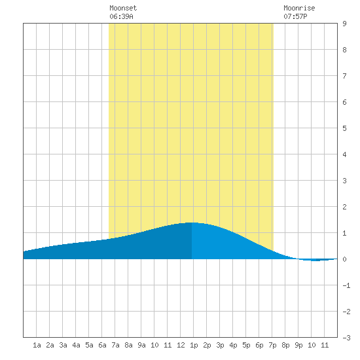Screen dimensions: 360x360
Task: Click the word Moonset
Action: click(x=123, y=8)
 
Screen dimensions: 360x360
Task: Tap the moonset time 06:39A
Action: click(x=121, y=16)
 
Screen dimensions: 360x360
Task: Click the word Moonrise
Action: click(x=299, y=8)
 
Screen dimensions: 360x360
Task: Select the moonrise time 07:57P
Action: click(x=295, y=16)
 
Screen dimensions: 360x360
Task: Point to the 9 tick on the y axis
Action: click(x=344, y=24)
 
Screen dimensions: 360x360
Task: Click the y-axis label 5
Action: click(x=344, y=128)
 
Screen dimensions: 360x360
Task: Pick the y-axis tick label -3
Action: click(x=346, y=338)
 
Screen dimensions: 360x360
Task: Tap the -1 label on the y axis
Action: click(x=346, y=285)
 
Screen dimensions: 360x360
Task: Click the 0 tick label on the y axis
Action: click(x=344, y=259)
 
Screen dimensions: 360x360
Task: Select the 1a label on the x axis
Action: click(x=37, y=345)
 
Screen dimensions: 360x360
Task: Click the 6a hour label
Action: click(x=102, y=345)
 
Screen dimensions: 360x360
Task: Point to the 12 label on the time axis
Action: click(x=181, y=345)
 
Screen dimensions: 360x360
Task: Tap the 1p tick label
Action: click(x=194, y=345)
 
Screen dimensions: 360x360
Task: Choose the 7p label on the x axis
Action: click(x=272, y=345)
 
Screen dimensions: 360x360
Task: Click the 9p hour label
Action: click(x=298, y=345)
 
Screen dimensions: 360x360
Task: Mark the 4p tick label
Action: click(x=233, y=345)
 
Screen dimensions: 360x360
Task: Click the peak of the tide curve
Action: click(x=192, y=223)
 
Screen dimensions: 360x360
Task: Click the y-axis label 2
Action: click(x=344, y=207)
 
